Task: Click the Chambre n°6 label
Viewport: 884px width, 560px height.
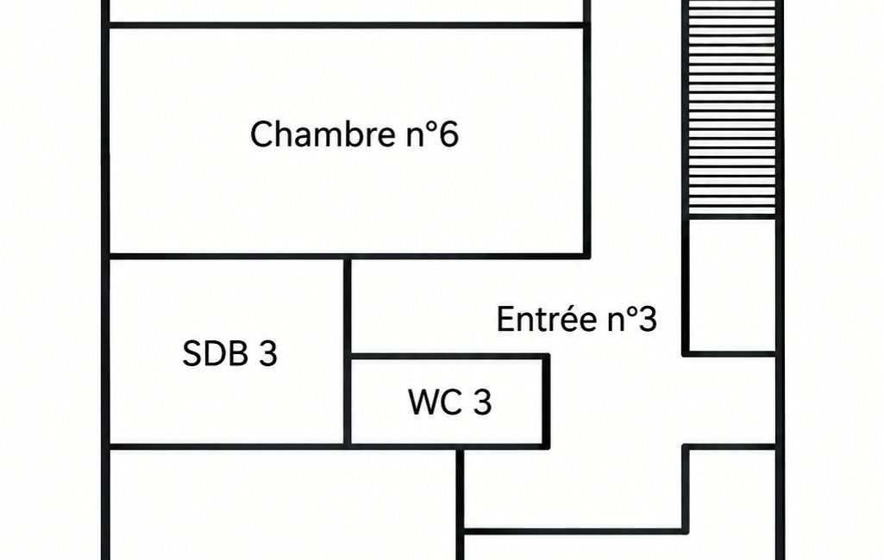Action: [x=354, y=134]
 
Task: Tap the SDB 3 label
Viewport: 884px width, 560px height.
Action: [x=230, y=353]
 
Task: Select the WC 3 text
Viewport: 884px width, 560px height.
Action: [x=450, y=402]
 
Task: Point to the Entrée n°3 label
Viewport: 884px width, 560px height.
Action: [x=577, y=319]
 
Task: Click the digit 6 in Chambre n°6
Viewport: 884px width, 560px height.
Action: [x=448, y=134]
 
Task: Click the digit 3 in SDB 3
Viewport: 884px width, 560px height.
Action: [x=268, y=354]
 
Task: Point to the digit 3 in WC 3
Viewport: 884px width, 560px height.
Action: [x=483, y=402]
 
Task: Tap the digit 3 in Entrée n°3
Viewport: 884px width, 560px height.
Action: [x=649, y=320]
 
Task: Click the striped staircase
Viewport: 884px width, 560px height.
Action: [x=732, y=107]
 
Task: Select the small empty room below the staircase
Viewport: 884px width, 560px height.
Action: [x=732, y=286]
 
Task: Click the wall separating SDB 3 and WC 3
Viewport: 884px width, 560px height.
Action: [x=348, y=401]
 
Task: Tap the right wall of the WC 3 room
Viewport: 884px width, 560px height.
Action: [x=546, y=401]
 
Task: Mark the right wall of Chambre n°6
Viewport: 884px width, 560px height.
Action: [x=587, y=140]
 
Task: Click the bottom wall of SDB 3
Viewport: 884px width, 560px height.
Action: [x=226, y=447]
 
